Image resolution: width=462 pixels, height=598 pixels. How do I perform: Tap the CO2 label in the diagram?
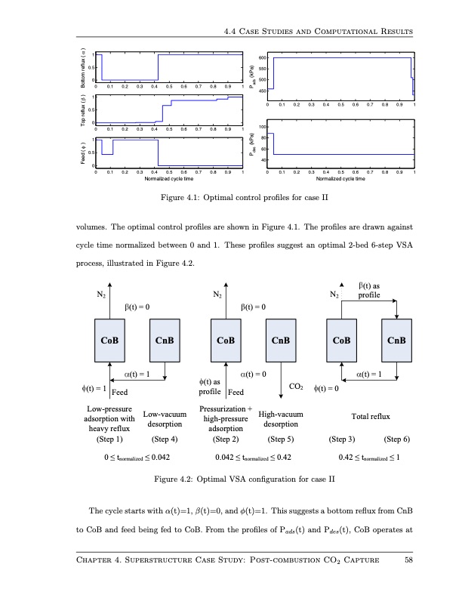click(x=296, y=388)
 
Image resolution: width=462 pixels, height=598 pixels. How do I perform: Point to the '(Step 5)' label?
click(x=281, y=438)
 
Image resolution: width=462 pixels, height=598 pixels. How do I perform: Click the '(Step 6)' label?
click(x=399, y=438)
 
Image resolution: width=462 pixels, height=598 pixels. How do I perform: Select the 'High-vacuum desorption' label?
click(x=281, y=419)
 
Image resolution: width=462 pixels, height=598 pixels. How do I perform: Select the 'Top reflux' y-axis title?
click(x=82, y=110)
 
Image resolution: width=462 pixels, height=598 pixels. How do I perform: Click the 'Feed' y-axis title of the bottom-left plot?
click(x=82, y=153)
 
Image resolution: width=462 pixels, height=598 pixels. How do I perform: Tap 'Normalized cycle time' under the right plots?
click(x=342, y=179)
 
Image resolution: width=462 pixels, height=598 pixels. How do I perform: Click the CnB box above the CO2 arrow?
click(x=281, y=340)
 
